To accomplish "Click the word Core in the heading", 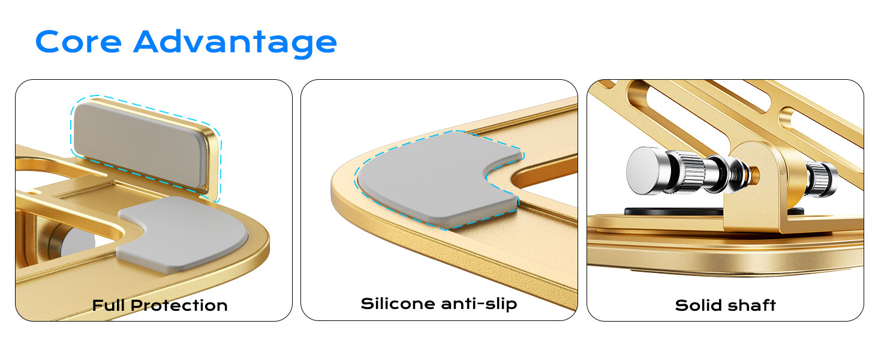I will tap(79, 42).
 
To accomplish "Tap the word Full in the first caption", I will tap(109, 305).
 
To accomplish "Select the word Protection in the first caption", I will tap(179, 305).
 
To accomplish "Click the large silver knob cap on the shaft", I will tap(645, 169).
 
